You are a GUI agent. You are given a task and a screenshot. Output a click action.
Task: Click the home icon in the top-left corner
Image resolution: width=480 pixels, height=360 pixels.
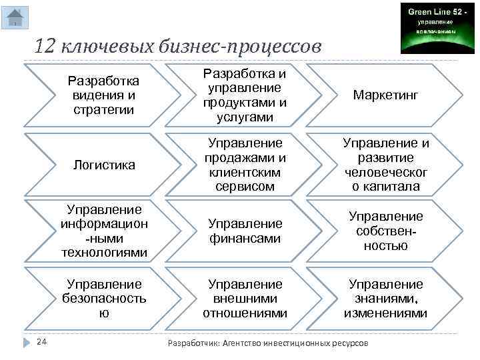click(14, 17)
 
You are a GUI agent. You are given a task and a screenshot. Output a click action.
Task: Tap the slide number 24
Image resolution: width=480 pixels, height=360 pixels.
click(41, 342)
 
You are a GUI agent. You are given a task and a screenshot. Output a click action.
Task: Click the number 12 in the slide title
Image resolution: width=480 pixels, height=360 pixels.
click(46, 47)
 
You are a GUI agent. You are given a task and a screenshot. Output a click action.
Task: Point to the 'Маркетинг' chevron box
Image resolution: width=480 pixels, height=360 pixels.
click(386, 95)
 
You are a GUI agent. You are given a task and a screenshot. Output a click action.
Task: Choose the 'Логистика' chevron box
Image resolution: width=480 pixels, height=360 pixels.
click(104, 164)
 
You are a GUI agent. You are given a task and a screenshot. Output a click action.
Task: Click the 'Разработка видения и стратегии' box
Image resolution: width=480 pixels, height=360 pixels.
click(104, 95)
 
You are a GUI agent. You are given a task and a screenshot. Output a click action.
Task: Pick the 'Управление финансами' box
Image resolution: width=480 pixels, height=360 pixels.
click(245, 231)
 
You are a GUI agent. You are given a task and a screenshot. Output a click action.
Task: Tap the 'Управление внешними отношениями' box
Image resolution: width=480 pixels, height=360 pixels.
click(245, 299)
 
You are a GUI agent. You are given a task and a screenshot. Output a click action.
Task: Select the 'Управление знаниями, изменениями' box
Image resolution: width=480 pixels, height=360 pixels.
click(386, 299)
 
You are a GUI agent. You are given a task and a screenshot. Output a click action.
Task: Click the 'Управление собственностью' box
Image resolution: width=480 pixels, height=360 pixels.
click(386, 231)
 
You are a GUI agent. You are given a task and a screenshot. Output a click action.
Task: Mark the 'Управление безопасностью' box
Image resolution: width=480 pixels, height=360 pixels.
click(104, 299)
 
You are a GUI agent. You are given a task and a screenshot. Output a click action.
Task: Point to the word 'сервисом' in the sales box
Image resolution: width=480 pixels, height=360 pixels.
click(245, 187)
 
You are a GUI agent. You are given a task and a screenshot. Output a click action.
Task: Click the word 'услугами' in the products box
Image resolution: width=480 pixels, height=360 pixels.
click(245, 117)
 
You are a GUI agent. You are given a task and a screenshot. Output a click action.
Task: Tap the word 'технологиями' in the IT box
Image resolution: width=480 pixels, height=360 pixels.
click(104, 253)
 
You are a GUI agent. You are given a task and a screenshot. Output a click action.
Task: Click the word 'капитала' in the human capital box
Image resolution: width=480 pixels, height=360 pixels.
click(386, 187)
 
